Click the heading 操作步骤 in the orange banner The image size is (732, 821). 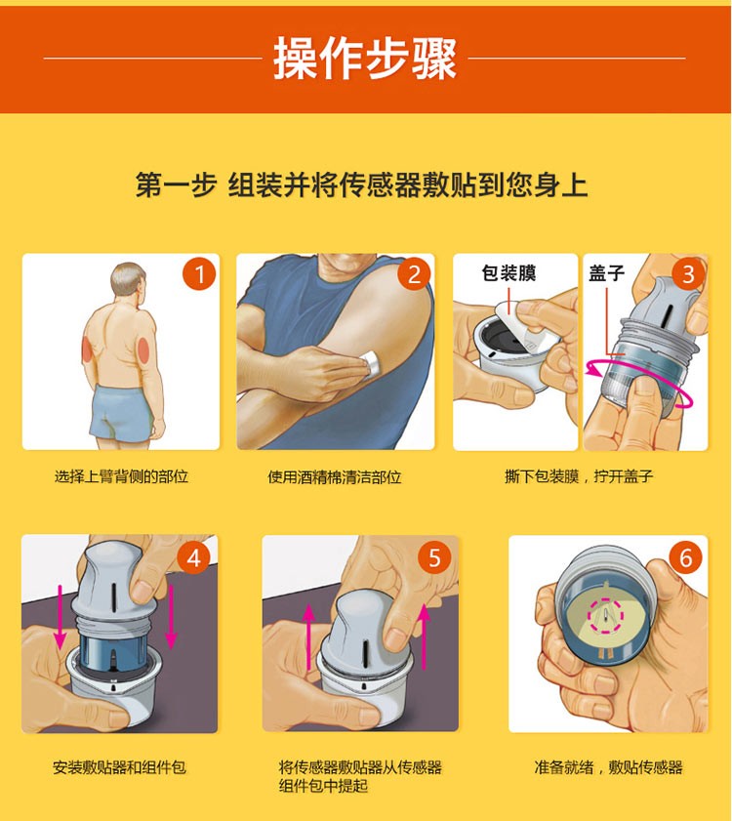[365, 59]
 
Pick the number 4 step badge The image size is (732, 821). [194, 557]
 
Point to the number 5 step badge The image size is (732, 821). [435, 557]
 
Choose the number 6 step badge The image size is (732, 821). [686, 557]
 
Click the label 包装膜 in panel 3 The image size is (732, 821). [508, 272]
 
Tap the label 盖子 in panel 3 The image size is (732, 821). [607, 272]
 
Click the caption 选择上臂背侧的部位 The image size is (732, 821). [121, 476]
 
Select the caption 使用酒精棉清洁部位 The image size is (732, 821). [335, 477]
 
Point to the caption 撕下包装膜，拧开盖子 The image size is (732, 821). [579, 476]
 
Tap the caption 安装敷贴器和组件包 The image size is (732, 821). [119, 767]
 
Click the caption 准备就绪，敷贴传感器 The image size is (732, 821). [608, 767]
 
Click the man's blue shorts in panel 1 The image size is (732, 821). [121, 414]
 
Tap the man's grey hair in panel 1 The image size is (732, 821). [127, 277]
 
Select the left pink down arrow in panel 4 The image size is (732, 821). [60, 617]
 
